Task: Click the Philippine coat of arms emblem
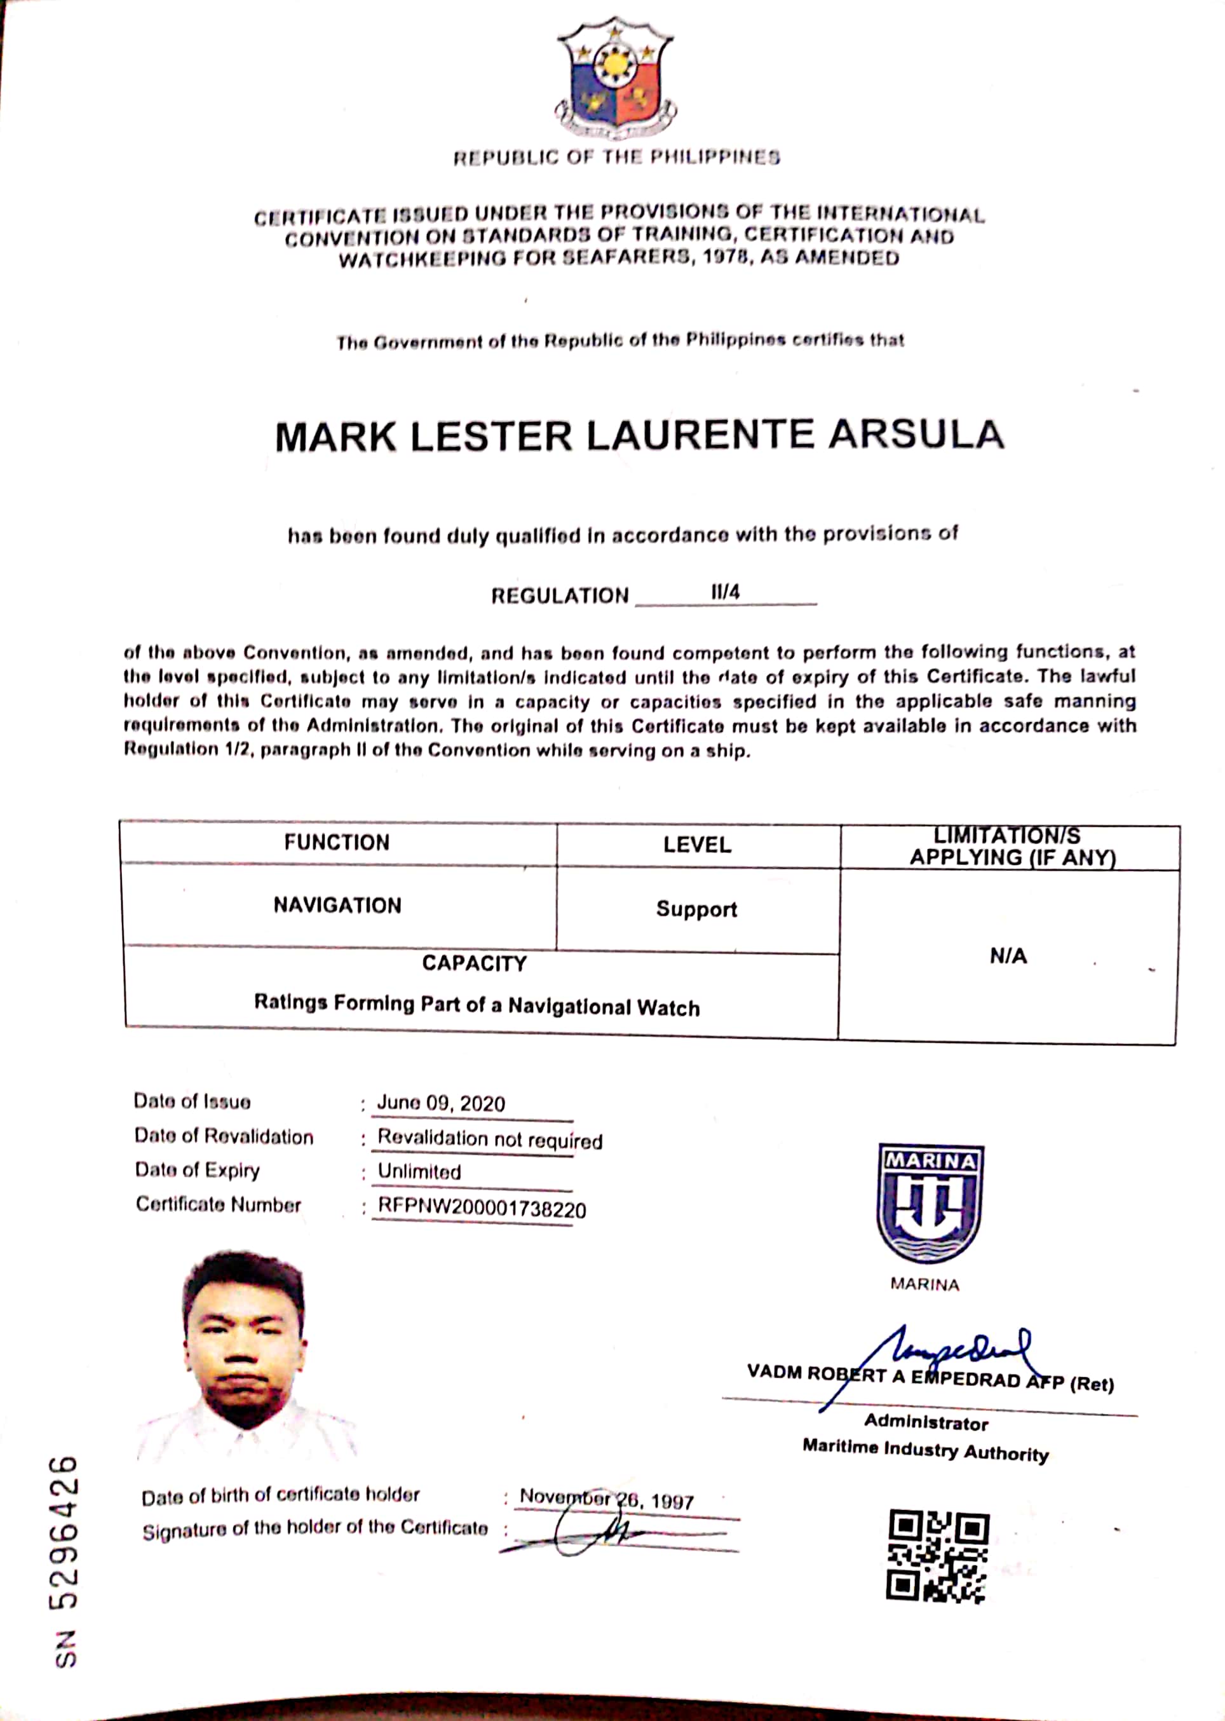(x=615, y=79)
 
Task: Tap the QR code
(x=938, y=1556)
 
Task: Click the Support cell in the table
(x=696, y=909)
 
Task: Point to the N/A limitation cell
(x=1008, y=956)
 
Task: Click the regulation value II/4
(x=725, y=592)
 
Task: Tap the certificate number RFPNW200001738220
(x=481, y=1209)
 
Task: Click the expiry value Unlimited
(x=419, y=1172)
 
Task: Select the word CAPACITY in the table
(x=474, y=963)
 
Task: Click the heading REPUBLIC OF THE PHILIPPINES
(x=616, y=158)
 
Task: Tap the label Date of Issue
(x=192, y=1101)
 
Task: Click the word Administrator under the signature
(x=926, y=1422)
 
